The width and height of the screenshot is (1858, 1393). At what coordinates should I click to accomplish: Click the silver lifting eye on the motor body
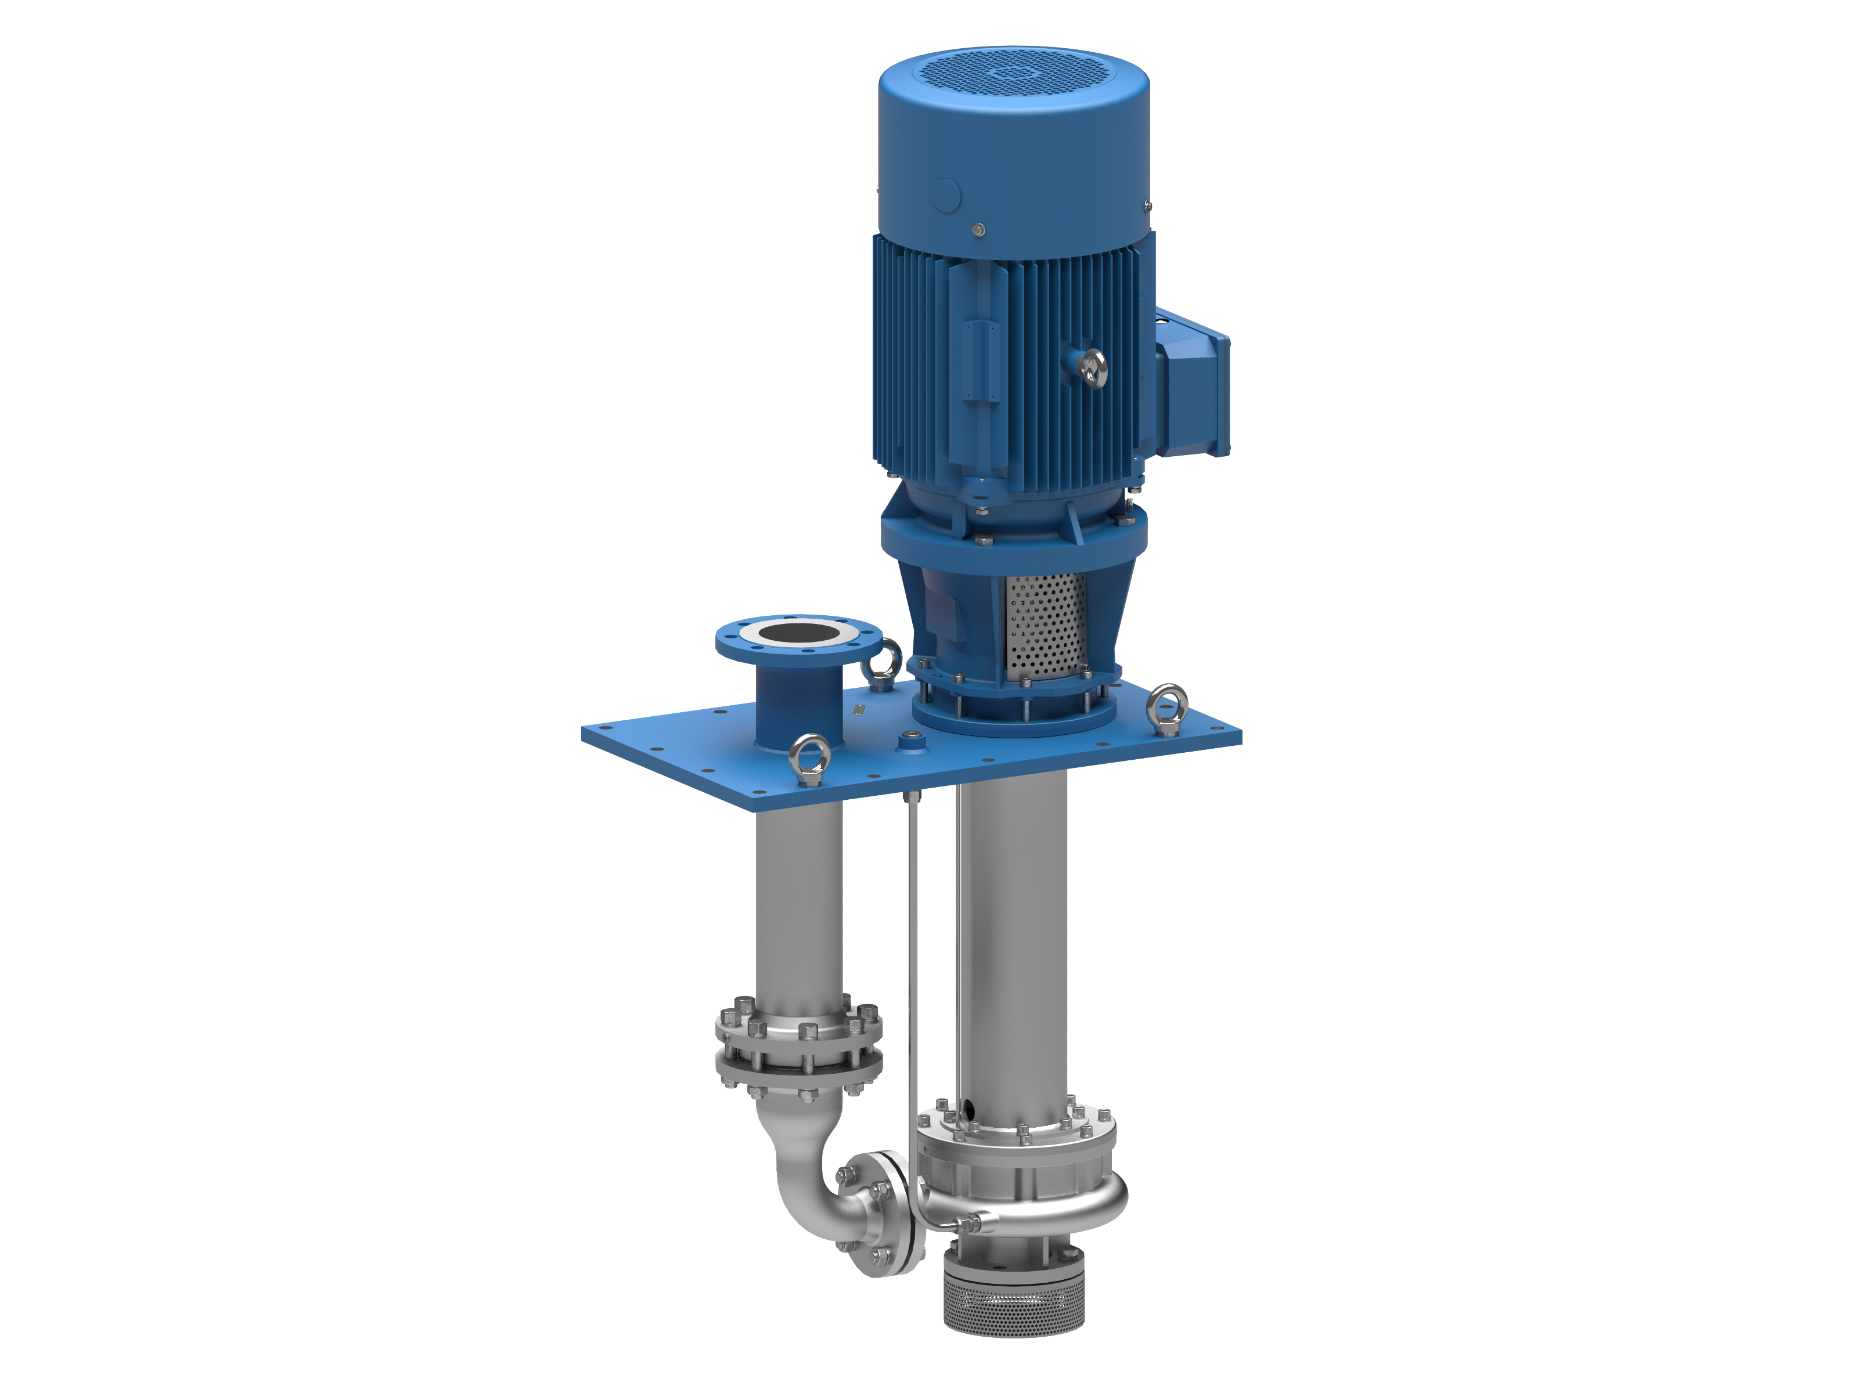pyautogui.click(x=1093, y=366)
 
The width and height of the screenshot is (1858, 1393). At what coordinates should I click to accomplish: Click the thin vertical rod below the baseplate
pyautogui.click(x=912, y=966)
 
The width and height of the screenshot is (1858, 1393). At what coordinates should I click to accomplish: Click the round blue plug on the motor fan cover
pyautogui.click(x=948, y=195)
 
